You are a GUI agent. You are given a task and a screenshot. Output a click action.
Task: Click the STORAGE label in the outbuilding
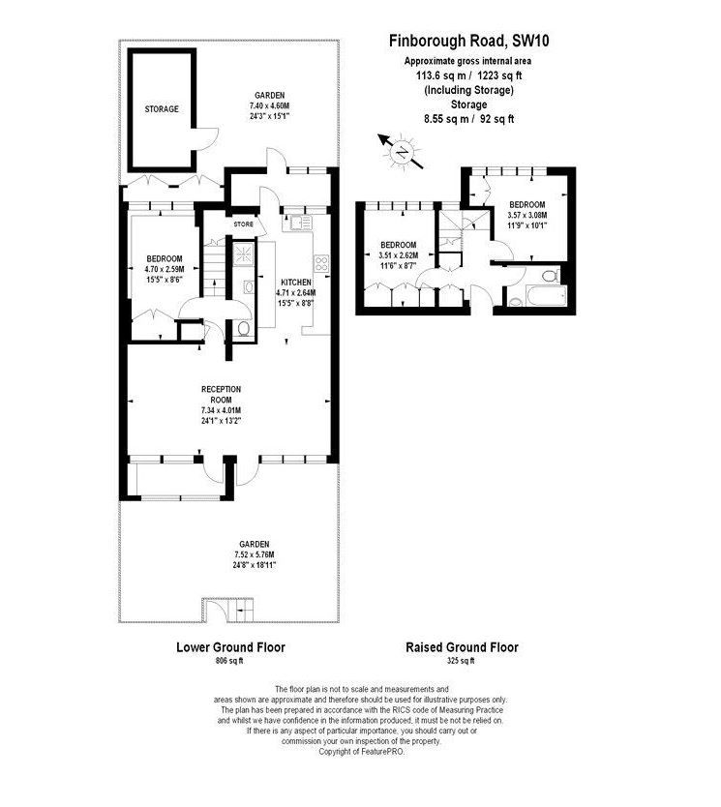click(x=162, y=109)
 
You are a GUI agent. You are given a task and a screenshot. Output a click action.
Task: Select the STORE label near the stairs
click(x=244, y=224)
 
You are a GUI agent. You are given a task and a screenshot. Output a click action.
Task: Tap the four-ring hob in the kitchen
click(x=320, y=262)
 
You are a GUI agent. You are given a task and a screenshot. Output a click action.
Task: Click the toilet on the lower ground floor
click(x=243, y=330)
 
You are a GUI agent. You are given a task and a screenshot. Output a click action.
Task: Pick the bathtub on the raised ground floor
click(x=534, y=294)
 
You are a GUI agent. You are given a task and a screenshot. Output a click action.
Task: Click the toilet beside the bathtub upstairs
click(x=551, y=277)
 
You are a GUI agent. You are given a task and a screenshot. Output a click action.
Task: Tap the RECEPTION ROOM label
click(x=221, y=395)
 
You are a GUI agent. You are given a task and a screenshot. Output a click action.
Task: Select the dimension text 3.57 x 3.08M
click(x=527, y=216)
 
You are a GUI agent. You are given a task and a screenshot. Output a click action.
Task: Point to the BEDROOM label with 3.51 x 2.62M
click(x=398, y=245)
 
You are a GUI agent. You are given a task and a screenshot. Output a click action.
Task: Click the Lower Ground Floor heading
click(x=229, y=647)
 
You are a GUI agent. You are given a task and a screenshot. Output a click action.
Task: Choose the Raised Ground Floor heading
click(x=462, y=647)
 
